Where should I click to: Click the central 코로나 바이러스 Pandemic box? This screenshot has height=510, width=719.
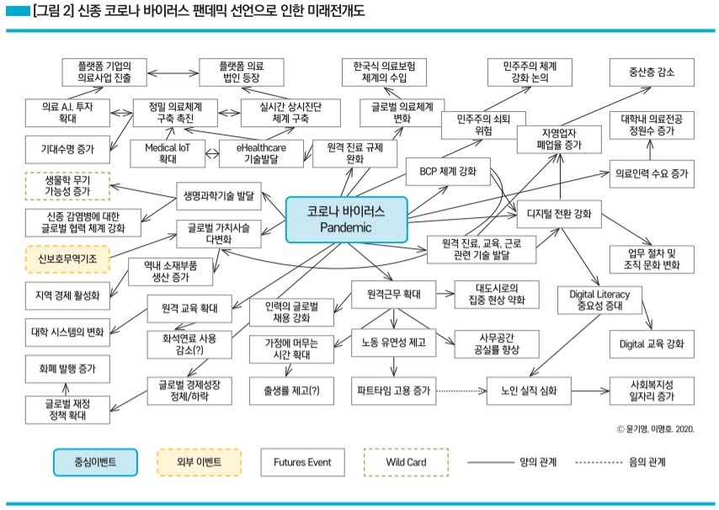point(346,218)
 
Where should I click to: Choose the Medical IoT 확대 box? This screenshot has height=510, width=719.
point(167,152)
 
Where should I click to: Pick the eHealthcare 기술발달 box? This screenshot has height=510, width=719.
point(260,152)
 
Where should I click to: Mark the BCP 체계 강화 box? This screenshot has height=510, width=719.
point(447,173)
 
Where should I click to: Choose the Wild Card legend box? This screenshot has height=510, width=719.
point(406,462)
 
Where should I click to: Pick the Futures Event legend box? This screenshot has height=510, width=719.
point(301,462)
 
